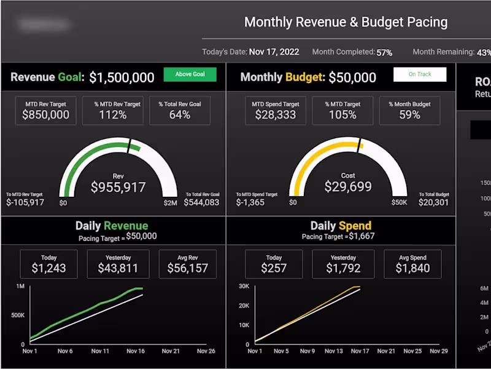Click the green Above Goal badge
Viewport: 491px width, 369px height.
[190, 74]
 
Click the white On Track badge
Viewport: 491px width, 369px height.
[420, 74]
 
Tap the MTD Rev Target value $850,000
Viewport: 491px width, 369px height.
[46, 114]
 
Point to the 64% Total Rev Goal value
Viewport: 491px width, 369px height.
[180, 114]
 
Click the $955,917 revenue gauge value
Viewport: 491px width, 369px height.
[118, 187]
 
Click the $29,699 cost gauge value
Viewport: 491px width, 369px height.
[348, 186]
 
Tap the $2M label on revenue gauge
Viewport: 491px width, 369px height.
[170, 202]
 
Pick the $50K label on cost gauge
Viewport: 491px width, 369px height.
[400, 202]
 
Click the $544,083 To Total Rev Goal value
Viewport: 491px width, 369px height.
[201, 202]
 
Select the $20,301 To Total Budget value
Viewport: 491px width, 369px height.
[434, 202]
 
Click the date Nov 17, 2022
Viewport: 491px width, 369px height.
[274, 52]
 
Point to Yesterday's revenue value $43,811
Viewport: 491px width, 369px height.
[118, 268]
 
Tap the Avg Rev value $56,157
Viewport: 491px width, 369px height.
[187, 268]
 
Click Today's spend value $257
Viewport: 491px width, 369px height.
[274, 268]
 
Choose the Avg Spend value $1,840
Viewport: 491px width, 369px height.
[412, 268]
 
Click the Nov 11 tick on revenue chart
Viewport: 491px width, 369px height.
[100, 351]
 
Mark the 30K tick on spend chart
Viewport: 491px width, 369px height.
[244, 287]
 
